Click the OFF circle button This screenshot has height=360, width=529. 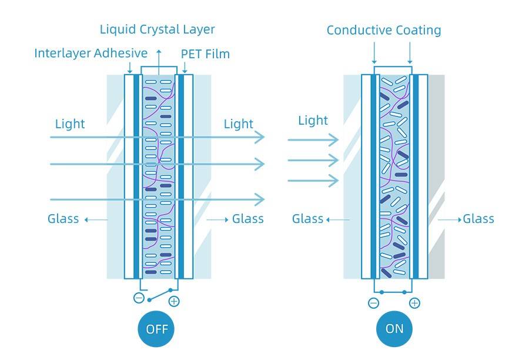point(157,328)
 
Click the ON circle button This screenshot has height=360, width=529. point(394,328)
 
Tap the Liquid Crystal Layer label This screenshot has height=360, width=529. point(157,29)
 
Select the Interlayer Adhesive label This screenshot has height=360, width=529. point(91,53)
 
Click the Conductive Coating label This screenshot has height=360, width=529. point(383,30)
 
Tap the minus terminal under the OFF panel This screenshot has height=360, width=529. point(139,298)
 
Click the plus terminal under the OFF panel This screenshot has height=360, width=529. point(174,302)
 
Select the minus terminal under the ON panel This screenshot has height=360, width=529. point(373,303)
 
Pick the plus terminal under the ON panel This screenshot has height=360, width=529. point(414,303)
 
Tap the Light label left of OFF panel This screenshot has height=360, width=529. point(70,124)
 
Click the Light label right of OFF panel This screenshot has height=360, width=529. point(239,124)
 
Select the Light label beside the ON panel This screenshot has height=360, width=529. point(313,121)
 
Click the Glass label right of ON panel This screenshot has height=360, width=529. point(478,219)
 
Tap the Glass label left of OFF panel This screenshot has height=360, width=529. point(63,219)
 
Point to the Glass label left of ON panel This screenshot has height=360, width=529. point(308,219)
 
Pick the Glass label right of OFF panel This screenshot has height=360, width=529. point(247,219)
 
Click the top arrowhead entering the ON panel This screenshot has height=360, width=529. point(334,140)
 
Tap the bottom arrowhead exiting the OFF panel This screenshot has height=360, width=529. point(260,201)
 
